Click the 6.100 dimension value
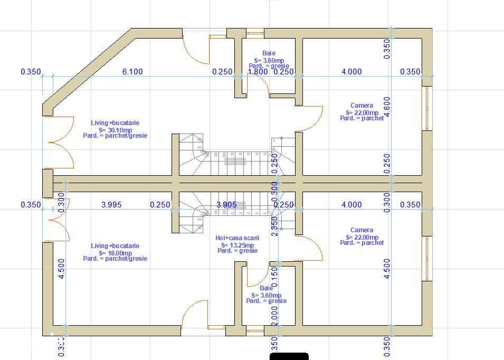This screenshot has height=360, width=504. tap(132, 72)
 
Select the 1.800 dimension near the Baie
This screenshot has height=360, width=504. tap(258, 72)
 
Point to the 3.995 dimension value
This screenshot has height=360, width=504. tap(111, 205)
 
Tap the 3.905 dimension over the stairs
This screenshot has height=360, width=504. tap(227, 205)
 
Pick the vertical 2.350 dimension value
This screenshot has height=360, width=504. tap(274, 226)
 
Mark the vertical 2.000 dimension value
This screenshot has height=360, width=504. tap(274, 318)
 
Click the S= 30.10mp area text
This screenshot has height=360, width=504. tap(115, 129)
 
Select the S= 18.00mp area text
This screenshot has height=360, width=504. tap(115, 252)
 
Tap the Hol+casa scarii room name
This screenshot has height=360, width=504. tap(237, 238)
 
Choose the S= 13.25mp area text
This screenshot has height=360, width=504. tap(237, 244)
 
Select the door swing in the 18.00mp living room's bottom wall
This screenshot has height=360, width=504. tap(194, 315)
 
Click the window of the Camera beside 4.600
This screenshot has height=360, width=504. tap(427, 108)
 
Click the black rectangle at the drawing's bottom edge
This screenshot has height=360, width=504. tap(289, 356)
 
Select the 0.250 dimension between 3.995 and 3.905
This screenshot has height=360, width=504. tap(160, 205)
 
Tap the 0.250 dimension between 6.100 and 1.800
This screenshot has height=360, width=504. tap(222, 72)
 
